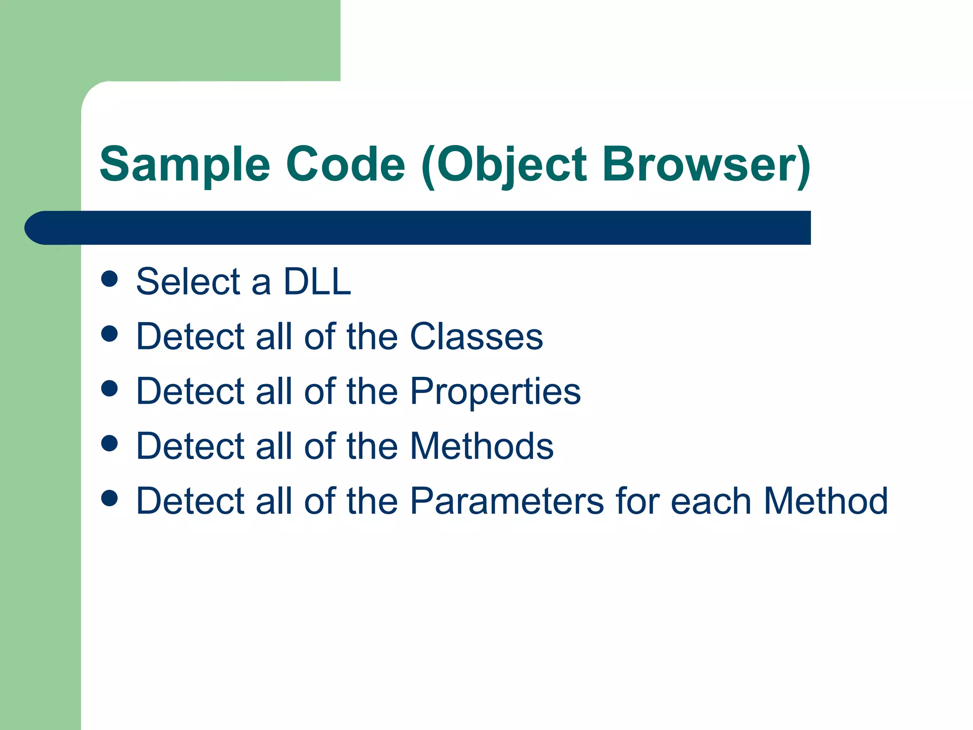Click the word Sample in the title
pyautogui.click(x=185, y=164)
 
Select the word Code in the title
pyautogui.click(x=345, y=164)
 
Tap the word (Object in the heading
pyautogui.click(x=504, y=164)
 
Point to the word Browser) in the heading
pyautogui.click(x=706, y=164)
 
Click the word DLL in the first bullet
pyautogui.click(x=317, y=281)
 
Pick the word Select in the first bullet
pyautogui.click(x=189, y=281)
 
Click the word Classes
pyautogui.click(x=476, y=336)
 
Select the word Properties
pyautogui.click(x=495, y=391)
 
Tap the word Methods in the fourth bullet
pyautogui.click(x=482, y=446)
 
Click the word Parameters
pyautogui.click(x=507, y=501)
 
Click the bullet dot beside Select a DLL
pyautogui.click(x=109, y=279)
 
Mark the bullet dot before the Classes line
pyautogui.click(x=109, y=334)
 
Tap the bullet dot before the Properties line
pyautogui.click(x=109, y=388)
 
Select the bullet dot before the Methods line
pyautogui.click(x=109, y=443)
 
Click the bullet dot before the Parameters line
pyautogui.click(x=109, y=498)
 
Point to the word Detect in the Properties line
pyautogui.click(x=190, y=391)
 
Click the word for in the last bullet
pyautogui.click(x=637, y=501)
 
